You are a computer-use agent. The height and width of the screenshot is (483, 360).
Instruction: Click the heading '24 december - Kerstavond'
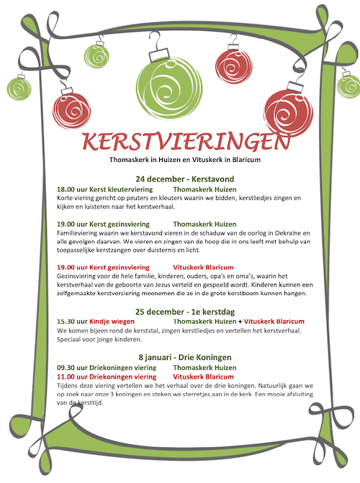[179, 178]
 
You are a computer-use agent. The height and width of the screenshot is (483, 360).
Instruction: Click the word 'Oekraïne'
[290, 233]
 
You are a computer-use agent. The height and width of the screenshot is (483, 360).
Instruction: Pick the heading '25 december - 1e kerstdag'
[180, 311]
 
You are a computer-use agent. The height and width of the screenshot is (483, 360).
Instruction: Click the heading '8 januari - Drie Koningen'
[180, 357]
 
